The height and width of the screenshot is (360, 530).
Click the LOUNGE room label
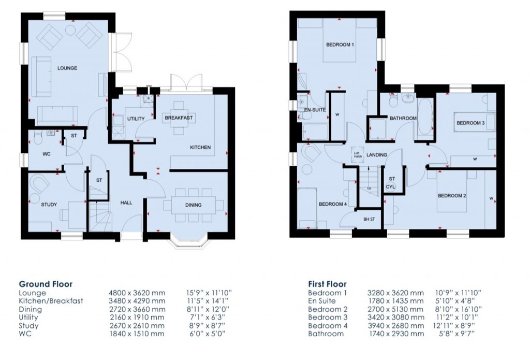point(67,68)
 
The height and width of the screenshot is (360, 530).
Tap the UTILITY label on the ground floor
point(136,119)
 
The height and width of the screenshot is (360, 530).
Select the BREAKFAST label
point(179,118)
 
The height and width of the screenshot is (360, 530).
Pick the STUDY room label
point(49,205)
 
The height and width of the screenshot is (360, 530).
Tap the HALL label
point(127,203)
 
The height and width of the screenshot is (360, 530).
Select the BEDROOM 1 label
point(340,45)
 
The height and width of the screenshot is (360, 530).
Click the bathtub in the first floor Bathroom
point(425,117)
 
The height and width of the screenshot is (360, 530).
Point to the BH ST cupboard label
point(369,219)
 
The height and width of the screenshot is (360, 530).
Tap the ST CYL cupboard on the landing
point(392,182)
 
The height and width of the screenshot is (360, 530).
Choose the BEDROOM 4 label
point(332,204)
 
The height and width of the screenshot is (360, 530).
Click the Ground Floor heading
point(46,284)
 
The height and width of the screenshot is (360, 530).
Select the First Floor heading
point(327,284)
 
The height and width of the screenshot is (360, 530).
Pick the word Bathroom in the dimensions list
point(326,334)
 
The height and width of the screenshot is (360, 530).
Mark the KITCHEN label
point(200,148)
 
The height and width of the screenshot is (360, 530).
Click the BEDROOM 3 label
point(470,123)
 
